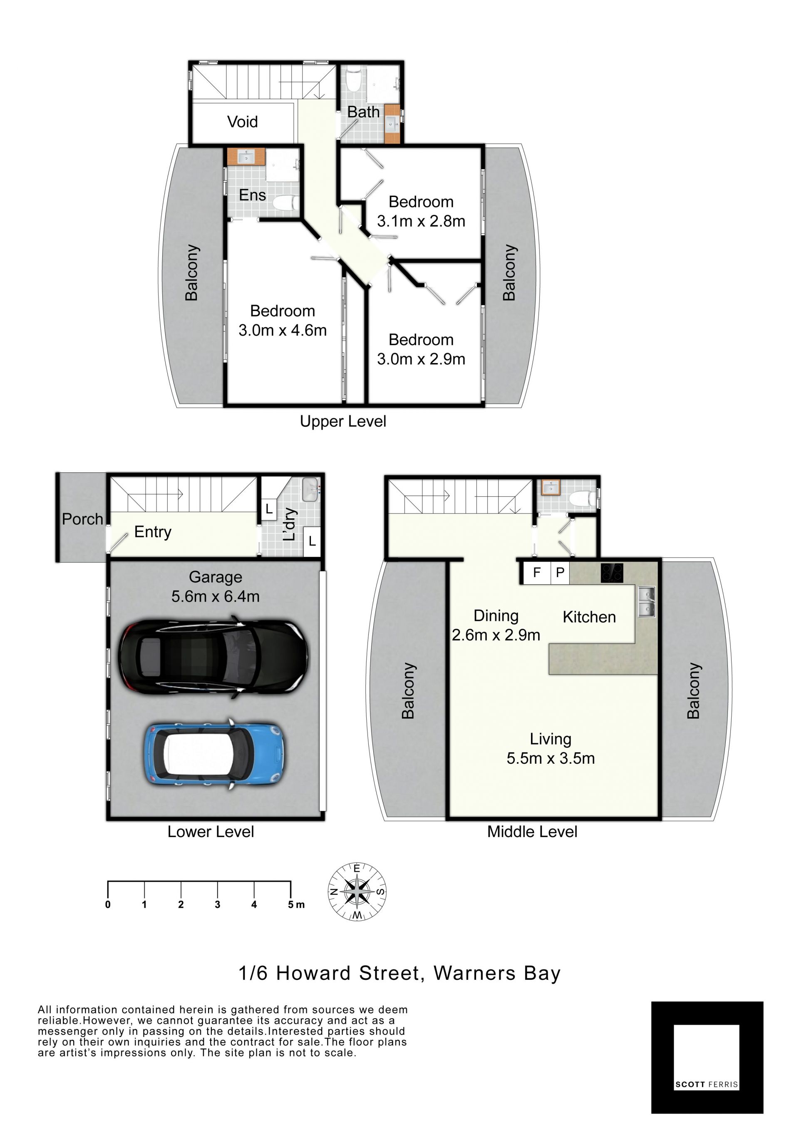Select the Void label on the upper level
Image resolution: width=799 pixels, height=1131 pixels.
(x=242, y=122)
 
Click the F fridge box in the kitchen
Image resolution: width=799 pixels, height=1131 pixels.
(x=536, y=573)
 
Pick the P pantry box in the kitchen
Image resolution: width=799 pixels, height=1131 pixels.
(x=560, y=573)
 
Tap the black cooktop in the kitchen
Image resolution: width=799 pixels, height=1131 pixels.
(x=612, y=573)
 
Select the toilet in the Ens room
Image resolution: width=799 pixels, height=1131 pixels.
(x=286, y=202)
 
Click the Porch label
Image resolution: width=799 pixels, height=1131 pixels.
(x=82, y=519)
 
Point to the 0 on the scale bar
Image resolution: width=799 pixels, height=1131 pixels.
(x=108, y=904)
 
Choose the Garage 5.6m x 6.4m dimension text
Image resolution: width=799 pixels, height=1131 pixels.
(x=215, y=587)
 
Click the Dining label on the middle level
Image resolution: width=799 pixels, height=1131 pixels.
(x=496, y=616)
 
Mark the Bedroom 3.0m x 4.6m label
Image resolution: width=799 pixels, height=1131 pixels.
(x=283, y=320)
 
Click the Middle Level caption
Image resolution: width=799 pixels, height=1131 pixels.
(x=532, y=832)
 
